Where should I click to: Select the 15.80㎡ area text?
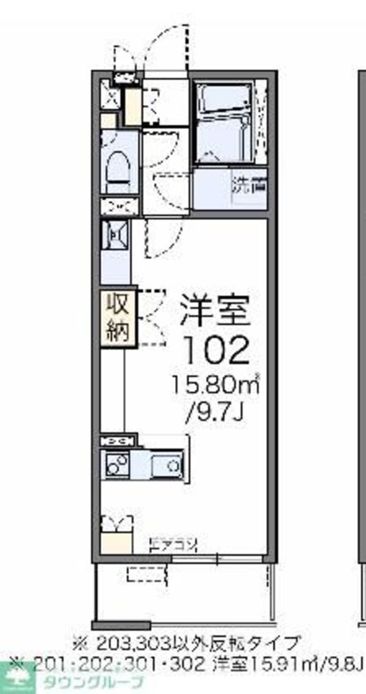pos(215,385)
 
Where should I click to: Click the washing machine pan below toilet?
pos(115,234)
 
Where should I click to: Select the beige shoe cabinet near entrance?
pos(132,106)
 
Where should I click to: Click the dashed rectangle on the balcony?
pos(146,573)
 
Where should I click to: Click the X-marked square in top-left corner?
pos(110,96)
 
